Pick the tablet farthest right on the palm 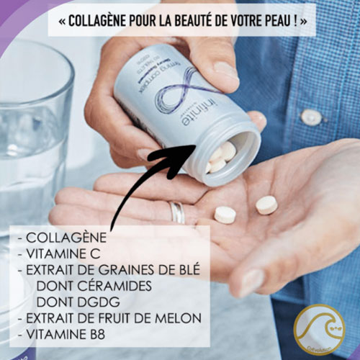click(266, 204)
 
